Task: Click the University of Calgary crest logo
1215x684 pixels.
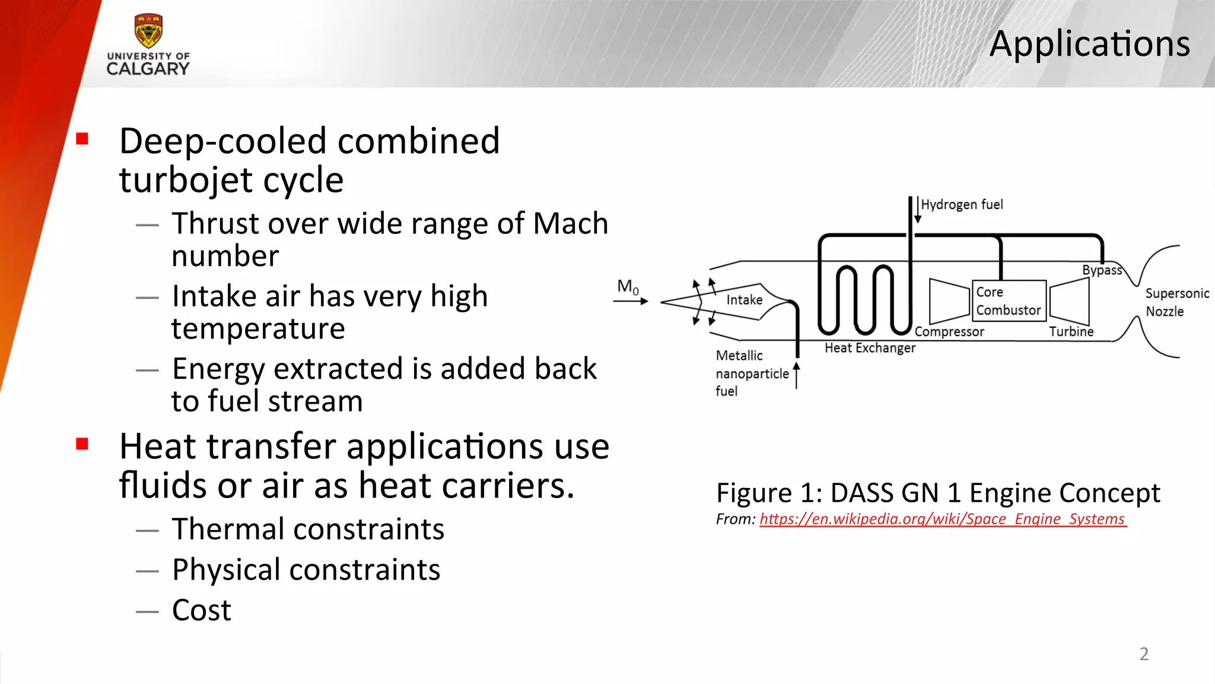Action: pos(148,31)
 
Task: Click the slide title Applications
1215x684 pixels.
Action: pos(1089,44)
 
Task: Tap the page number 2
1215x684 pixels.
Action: pos(1144,654)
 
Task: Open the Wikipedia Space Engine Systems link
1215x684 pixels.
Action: pos(942,519)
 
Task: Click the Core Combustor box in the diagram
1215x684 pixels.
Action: pos(1009,301)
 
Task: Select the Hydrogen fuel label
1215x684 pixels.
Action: pos(962,205)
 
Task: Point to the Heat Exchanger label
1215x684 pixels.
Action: pos(870,348)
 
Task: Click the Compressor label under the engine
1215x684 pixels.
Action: pos(949,332)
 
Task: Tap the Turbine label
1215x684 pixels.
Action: pos(1071,332)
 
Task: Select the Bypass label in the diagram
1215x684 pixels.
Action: pos(1102,270)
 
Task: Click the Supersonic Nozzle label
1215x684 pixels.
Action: pos(1176,302)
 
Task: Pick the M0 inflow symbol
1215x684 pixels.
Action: pos(628,287)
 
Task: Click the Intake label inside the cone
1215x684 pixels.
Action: pos(744,300)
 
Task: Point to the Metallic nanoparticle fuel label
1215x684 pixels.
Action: pos(751,373)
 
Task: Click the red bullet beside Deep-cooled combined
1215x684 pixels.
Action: pos(82,140)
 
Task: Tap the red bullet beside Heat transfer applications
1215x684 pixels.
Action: pos(82,444)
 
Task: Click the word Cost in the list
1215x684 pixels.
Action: pos(201,610)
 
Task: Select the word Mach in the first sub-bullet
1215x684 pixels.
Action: pos(570,224)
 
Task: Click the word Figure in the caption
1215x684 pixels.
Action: pos(753,493)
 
